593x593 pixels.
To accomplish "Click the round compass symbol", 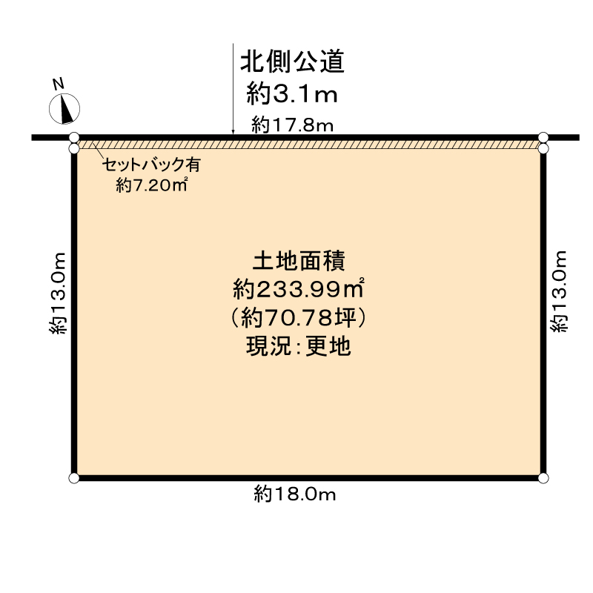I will click(64, 109).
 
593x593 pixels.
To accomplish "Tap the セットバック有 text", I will click(150, 165).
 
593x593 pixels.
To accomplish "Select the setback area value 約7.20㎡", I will click(150, 186).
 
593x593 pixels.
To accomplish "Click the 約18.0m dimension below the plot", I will click(294, 494).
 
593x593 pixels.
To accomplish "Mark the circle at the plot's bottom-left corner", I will click(73, 478).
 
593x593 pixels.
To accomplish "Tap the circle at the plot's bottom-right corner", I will click(543, 478).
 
